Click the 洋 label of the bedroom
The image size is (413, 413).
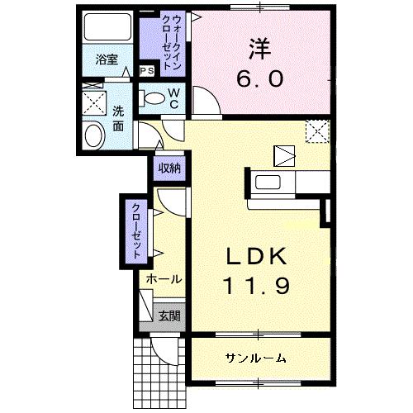(260, 49)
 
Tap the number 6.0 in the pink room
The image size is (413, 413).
(260, 78)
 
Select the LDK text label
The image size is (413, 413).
(256, 256)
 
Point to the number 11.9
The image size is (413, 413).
(256, 286)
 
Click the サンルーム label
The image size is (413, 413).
(256, 358)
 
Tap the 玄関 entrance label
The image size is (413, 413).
(169, 316)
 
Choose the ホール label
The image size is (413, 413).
(164, 279)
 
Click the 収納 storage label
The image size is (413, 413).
(169, 168)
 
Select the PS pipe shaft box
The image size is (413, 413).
(147, 71)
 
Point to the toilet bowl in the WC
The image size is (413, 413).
(151, 98)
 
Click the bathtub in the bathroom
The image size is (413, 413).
(107, 26)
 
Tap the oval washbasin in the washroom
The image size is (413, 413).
(94, 136)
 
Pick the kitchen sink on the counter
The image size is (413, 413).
(268, 183)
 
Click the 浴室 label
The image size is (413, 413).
(107, 59)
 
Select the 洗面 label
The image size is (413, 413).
(118, 119)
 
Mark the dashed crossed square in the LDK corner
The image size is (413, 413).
(318, 131)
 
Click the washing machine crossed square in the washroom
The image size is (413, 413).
(94, 103)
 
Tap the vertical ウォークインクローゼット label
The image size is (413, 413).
(172, 43)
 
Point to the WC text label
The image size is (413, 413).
(174, 98)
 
